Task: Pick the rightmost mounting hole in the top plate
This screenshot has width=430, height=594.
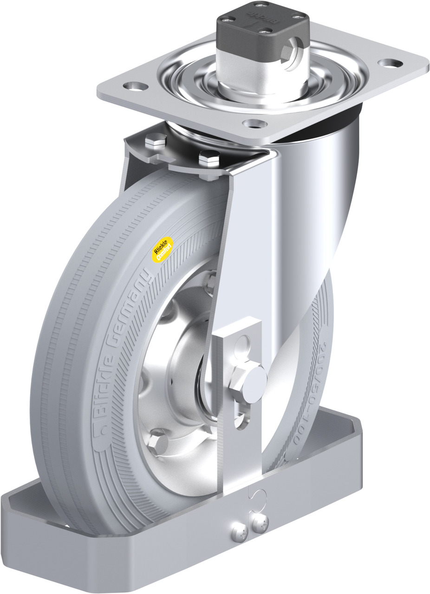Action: click(386, 62)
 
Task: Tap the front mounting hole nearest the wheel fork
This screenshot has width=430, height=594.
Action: click(253, 124)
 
